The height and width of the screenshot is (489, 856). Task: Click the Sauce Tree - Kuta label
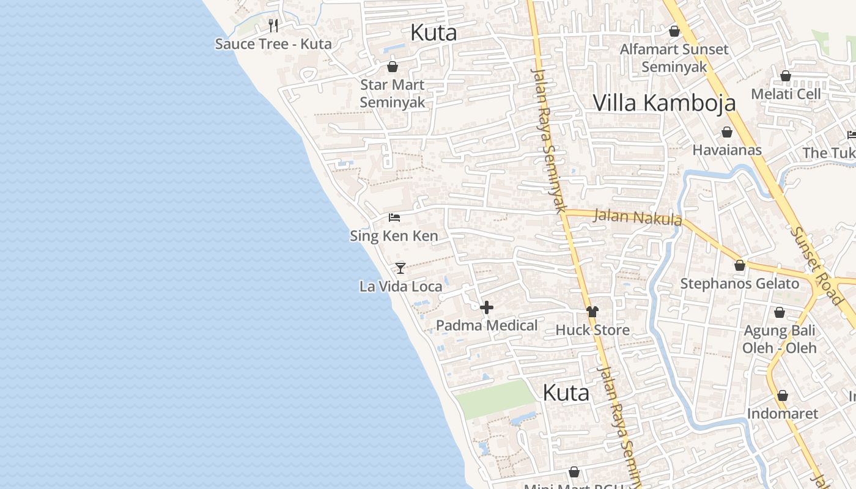click(x=273, y=44)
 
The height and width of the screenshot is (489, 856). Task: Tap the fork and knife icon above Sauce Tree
click(x=273, y=26)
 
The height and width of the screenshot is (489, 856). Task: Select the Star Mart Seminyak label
click(x=392, y=94)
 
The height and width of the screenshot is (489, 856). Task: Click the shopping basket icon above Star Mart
click(x=393, y=67)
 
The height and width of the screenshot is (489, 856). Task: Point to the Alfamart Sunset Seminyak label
click(x=674, y=58)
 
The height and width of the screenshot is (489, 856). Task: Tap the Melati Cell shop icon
click(x=786, y=76)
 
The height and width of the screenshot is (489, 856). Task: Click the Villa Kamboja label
click(x=665, y=103)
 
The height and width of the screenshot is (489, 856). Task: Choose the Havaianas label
click(x=727, y=150)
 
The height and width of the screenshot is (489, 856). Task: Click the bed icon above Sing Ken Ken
click(x=394, y=218)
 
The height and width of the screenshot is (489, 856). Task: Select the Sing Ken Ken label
click(x=394, y=236)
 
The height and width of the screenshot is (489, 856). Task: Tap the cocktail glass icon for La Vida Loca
click(x=400, y=268)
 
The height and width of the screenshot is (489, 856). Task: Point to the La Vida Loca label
click(x=400, y=286)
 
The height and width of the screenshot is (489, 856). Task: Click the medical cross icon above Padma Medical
click(x=487, y=307)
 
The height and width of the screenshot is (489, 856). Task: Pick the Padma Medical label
click(x=487, y=326)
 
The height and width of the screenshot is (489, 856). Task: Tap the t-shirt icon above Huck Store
click(x=592, y=312)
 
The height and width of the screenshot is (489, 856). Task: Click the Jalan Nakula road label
click(x=637, y=218)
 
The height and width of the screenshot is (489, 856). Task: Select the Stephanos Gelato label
click(x=739, y=284)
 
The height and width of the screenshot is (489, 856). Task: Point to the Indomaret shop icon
click(x=783, y=395)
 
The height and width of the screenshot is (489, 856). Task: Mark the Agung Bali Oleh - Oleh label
click(x=780, y=339)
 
